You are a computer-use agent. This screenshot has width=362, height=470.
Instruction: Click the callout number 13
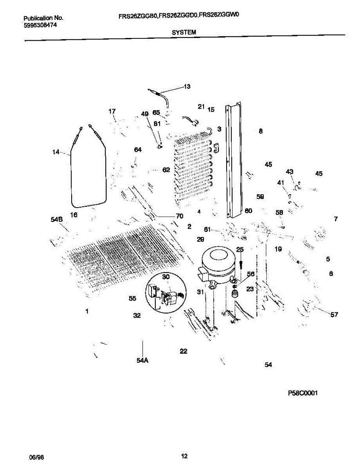tap(187, 87)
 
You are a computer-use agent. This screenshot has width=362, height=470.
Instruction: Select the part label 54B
tap(57, 220)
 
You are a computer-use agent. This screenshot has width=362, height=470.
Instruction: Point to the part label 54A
tap(142, 361)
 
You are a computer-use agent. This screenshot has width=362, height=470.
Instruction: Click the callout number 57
tap(334, 314)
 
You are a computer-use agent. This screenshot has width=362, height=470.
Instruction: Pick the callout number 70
tap(179, 216)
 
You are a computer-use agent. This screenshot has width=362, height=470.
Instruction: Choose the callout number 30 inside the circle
tap(166, 277)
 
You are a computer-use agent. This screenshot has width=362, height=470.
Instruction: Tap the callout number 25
tap(240, 249)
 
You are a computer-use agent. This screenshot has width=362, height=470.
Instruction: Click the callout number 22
tap(184, 351)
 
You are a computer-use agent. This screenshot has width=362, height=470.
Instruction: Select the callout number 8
tap(261, 132)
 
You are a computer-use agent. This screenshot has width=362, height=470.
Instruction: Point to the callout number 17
tap(112, 112)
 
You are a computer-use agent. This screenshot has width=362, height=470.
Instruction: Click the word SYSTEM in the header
tap(184, 33)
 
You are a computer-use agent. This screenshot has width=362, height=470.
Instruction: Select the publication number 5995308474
tap(38, 25)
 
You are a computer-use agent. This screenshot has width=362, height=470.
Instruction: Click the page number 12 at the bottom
tap(184, 456)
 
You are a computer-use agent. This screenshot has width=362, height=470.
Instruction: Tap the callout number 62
tap(166, 170)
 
